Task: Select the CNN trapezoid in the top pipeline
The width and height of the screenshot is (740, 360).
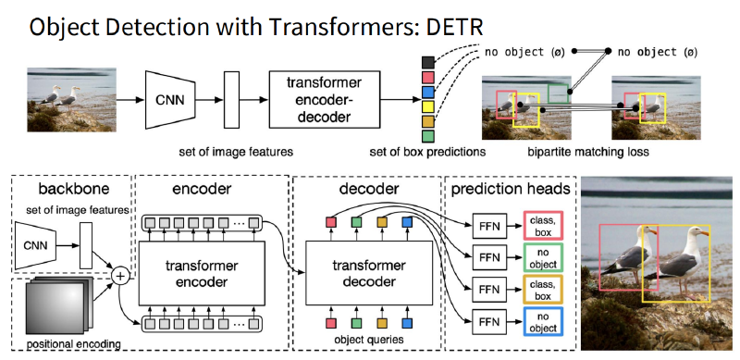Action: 170,100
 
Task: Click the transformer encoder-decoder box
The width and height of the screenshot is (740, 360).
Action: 325,100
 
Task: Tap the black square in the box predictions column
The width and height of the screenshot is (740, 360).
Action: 427,62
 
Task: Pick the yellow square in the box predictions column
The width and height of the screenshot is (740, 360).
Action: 427,106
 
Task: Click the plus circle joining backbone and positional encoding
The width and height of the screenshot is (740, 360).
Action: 120,276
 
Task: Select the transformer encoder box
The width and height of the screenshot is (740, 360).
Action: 202,274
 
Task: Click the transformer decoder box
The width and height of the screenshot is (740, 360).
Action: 369,274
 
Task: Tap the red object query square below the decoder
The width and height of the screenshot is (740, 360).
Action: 331,324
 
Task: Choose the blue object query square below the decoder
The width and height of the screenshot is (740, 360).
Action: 407,324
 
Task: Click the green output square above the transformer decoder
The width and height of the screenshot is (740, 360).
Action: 357,222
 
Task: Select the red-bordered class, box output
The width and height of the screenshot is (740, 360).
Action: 543,226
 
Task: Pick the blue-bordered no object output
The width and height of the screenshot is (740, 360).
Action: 543,322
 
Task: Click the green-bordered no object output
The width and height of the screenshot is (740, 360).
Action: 543,258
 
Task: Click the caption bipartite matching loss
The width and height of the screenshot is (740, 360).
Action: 588,152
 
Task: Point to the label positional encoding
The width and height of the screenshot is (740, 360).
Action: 73,344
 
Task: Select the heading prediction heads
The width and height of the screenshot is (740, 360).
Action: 511,190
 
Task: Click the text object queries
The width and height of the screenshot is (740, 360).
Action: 369,340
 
